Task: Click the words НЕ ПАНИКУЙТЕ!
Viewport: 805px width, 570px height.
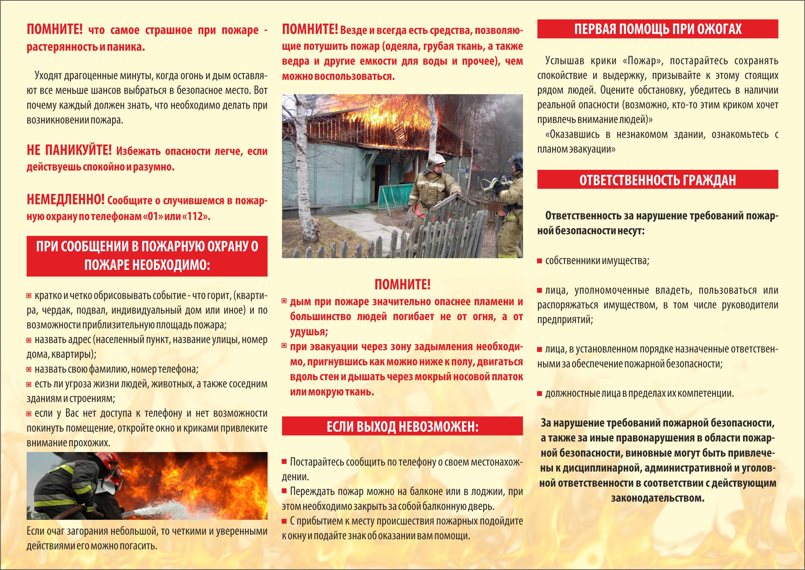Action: click(x=69, y=151)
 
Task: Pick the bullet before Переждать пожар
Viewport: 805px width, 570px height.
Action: click(x=284, y=491)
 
